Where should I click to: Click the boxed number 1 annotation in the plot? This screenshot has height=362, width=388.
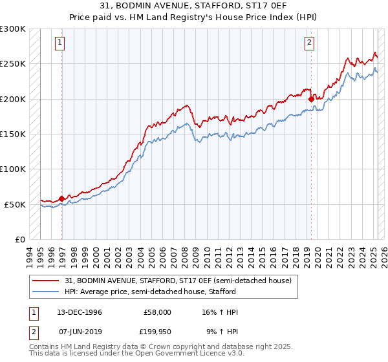coord(59,43)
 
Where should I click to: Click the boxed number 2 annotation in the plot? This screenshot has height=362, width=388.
coord(310,43)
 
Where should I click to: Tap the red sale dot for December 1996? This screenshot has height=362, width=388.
coord(62,198)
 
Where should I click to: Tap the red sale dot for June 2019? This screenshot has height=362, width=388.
coord(312,99)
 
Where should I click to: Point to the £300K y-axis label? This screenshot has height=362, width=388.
coord(13,29)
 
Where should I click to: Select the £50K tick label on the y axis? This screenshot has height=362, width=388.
coord(16,204)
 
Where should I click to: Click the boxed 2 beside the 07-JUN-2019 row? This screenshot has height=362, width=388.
coord(33,332)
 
